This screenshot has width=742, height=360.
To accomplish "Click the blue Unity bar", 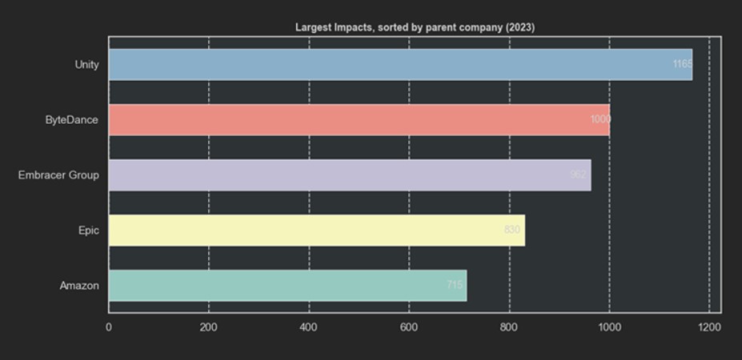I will (400, 64).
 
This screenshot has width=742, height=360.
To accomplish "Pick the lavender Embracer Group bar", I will (349, 174).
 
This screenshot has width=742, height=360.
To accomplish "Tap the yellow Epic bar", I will (316, 230).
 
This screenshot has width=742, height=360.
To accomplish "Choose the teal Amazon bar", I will (287, 286).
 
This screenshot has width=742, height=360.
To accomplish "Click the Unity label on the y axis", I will (86, 64).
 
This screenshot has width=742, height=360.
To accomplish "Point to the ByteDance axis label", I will (72, 119).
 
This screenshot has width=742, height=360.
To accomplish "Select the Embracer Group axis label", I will (58, 174).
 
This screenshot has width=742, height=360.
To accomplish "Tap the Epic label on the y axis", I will (89, 230).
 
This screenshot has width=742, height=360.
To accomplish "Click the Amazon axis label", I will (79, 286).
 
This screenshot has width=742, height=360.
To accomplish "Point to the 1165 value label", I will (682, 64).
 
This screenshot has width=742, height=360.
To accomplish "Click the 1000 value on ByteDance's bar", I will (600, 119).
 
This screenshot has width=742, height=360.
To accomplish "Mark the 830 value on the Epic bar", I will (511, 230).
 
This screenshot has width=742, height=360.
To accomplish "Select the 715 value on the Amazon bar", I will (455, 286).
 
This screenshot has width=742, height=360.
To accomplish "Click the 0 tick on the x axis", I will (109, 326).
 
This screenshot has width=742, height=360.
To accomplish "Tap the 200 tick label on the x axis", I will (209, 326).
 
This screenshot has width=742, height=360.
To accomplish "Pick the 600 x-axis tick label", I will (409, 326).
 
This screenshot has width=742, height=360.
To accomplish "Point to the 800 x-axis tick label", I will (509, 326).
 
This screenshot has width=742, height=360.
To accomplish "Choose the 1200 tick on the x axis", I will (709, 326).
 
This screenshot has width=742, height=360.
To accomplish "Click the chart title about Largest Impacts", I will (415, 27).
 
